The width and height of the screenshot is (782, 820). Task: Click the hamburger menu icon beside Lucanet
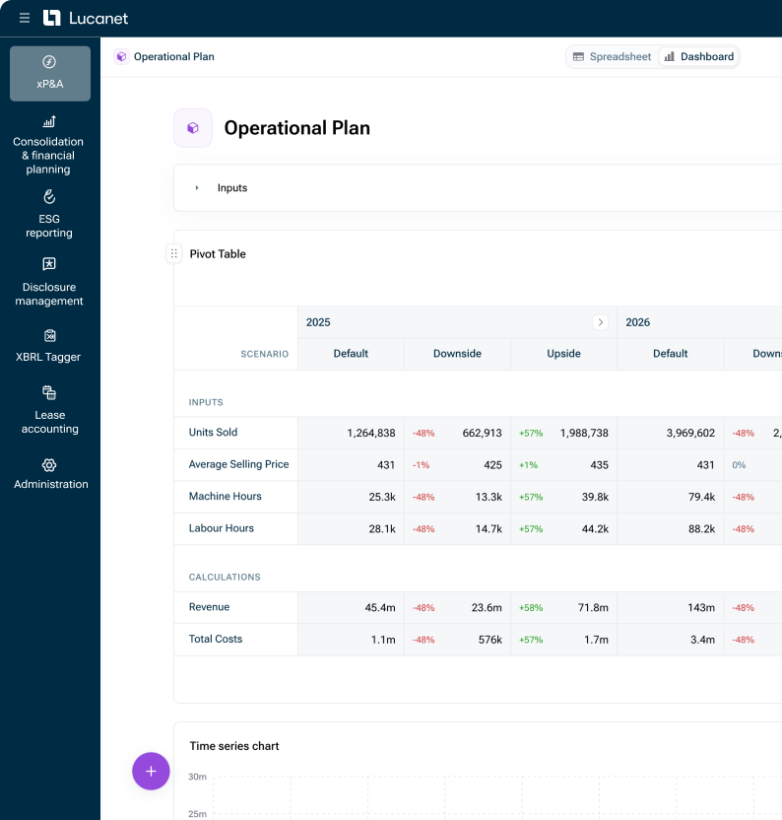pos(25,18)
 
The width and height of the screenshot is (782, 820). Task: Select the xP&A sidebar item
pos(50,73)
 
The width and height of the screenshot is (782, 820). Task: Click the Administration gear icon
pos(50,465)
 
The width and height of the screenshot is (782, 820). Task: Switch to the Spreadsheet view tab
pos(612,57)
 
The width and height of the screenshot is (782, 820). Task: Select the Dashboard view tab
pos(699,57)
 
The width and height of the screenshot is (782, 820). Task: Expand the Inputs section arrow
pos(197,188)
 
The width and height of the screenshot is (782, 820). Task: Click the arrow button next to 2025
pos(600,322)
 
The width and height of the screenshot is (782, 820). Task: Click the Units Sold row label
pos(213,433)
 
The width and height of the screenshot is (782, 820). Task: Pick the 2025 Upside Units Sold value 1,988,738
pos(584,433)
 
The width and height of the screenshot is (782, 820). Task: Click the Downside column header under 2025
pos(457,354)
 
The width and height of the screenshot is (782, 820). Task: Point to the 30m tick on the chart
pos(197,777)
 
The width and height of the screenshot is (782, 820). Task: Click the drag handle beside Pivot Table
pos(174,253)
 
